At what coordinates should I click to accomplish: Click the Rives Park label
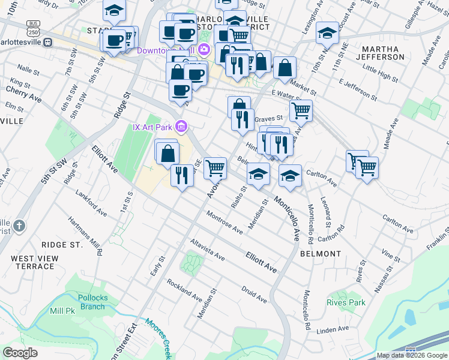pos(346,302)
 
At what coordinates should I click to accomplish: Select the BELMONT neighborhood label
pos(321,253)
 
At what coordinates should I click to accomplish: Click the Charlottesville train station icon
pos(48,43)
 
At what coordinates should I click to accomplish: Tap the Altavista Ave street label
pos(207,251)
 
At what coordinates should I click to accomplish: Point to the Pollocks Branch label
pos(92,302)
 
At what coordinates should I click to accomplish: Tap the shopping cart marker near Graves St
pos(300,110)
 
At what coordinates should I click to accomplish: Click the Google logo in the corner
pos(20,353)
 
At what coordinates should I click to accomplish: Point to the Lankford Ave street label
pos(91,203)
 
